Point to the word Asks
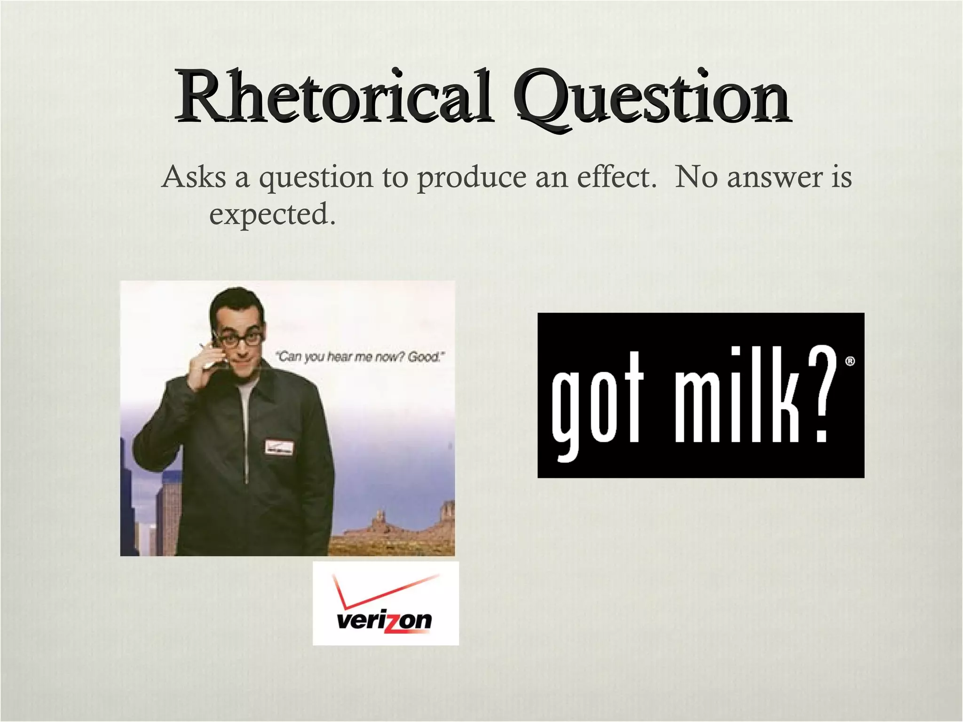point(194,177)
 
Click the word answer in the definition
point(775,178)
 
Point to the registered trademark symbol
point(850,361)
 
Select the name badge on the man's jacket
point(278,447)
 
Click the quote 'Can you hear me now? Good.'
point(360,357)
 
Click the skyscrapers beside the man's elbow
point(150,508)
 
